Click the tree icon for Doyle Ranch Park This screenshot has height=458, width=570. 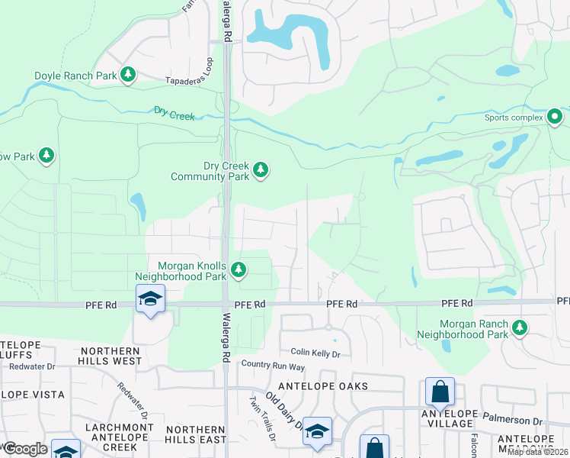click(x=130, y=74)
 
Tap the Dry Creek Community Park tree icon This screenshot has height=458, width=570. click(x=261, y=169)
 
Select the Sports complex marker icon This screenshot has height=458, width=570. click(x=555, y=117)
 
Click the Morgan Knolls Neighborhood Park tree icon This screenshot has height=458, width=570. click(x=239, y=269)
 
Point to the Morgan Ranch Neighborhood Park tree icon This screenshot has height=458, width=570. click(x=520, y=327)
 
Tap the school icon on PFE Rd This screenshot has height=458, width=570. click(x=150, y=298)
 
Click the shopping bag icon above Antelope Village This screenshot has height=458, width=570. click(x=440, y=392)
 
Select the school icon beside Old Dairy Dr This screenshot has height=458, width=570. click(x=317, y=431)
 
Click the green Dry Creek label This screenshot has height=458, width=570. click(x=175, y=115)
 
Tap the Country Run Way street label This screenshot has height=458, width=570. click(x=272, y=366)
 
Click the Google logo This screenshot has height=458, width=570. click(x=25, y=449)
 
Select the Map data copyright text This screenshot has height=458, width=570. click(x=538, y=452)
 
